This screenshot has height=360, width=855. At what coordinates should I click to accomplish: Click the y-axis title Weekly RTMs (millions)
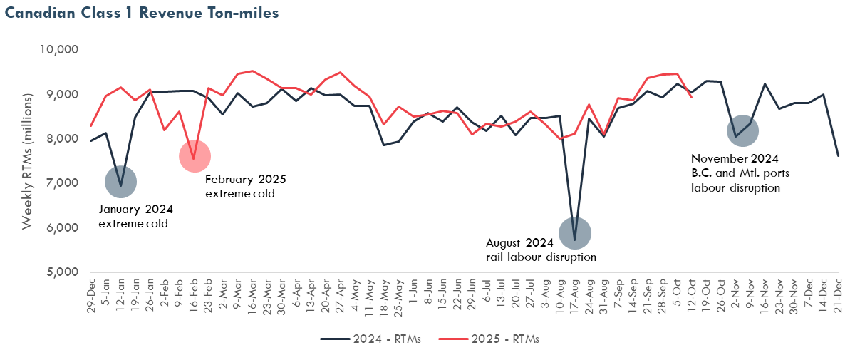point(27,161)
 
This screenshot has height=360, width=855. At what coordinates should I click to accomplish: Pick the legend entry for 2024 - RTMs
point(371,339)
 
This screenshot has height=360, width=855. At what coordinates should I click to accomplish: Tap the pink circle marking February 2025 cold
point(195,157)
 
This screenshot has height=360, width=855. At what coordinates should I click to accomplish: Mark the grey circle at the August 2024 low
point(574,233)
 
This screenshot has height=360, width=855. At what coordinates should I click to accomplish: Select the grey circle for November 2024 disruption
point(742,131)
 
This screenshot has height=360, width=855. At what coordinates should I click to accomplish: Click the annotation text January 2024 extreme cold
point(135,216)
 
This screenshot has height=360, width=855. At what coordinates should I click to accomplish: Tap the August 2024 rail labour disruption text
point(541,250)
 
